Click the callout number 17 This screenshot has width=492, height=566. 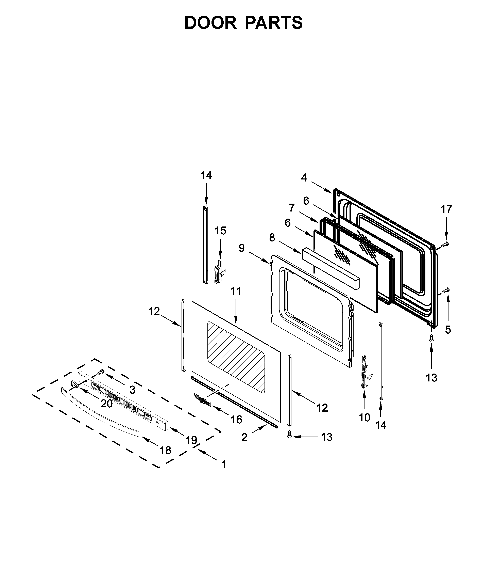point(446,209)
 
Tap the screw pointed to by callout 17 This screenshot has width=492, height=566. point(445,244)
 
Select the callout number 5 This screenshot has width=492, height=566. point(448,330)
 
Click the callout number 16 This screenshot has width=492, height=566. point(236,420)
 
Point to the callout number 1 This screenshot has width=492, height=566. point(224,465)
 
